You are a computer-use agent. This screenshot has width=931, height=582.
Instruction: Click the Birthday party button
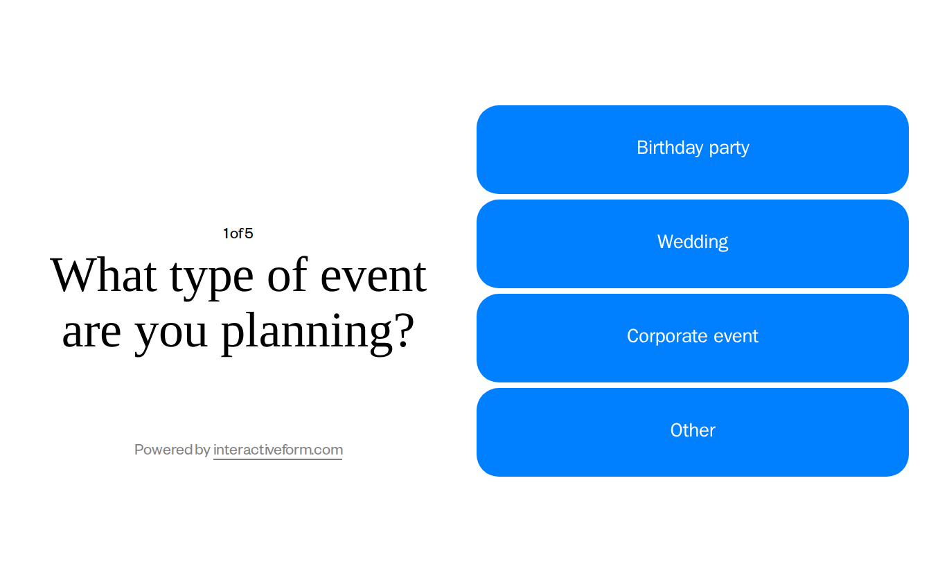click(x=693, y=150)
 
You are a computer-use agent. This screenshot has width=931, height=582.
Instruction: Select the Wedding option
click(x=693, y=244)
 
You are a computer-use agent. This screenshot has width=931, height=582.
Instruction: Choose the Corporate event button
click(x=693, y=338)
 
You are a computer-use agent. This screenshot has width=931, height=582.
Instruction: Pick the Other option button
click(x=693, y=432)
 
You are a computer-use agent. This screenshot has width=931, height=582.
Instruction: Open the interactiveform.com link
click(x=278, y=450)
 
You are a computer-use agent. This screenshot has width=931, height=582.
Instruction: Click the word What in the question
click(x=104, y=275)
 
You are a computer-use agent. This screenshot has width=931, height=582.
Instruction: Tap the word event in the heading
click(x=373, y=275)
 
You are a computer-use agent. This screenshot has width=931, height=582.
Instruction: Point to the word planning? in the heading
click(x=317, y=331)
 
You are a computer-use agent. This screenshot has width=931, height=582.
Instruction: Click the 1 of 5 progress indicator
click(x=238, y=233)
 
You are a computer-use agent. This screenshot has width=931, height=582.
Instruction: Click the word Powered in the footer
click(x=163, y=450)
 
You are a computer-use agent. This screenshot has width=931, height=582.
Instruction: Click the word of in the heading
click(x=287, y=275)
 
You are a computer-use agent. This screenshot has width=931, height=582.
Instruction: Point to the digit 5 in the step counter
click(x=249, y=233)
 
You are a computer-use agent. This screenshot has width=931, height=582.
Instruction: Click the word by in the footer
click(x=203, y=450)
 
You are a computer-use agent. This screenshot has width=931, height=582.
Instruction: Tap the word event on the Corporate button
click(x=736, y=336)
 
